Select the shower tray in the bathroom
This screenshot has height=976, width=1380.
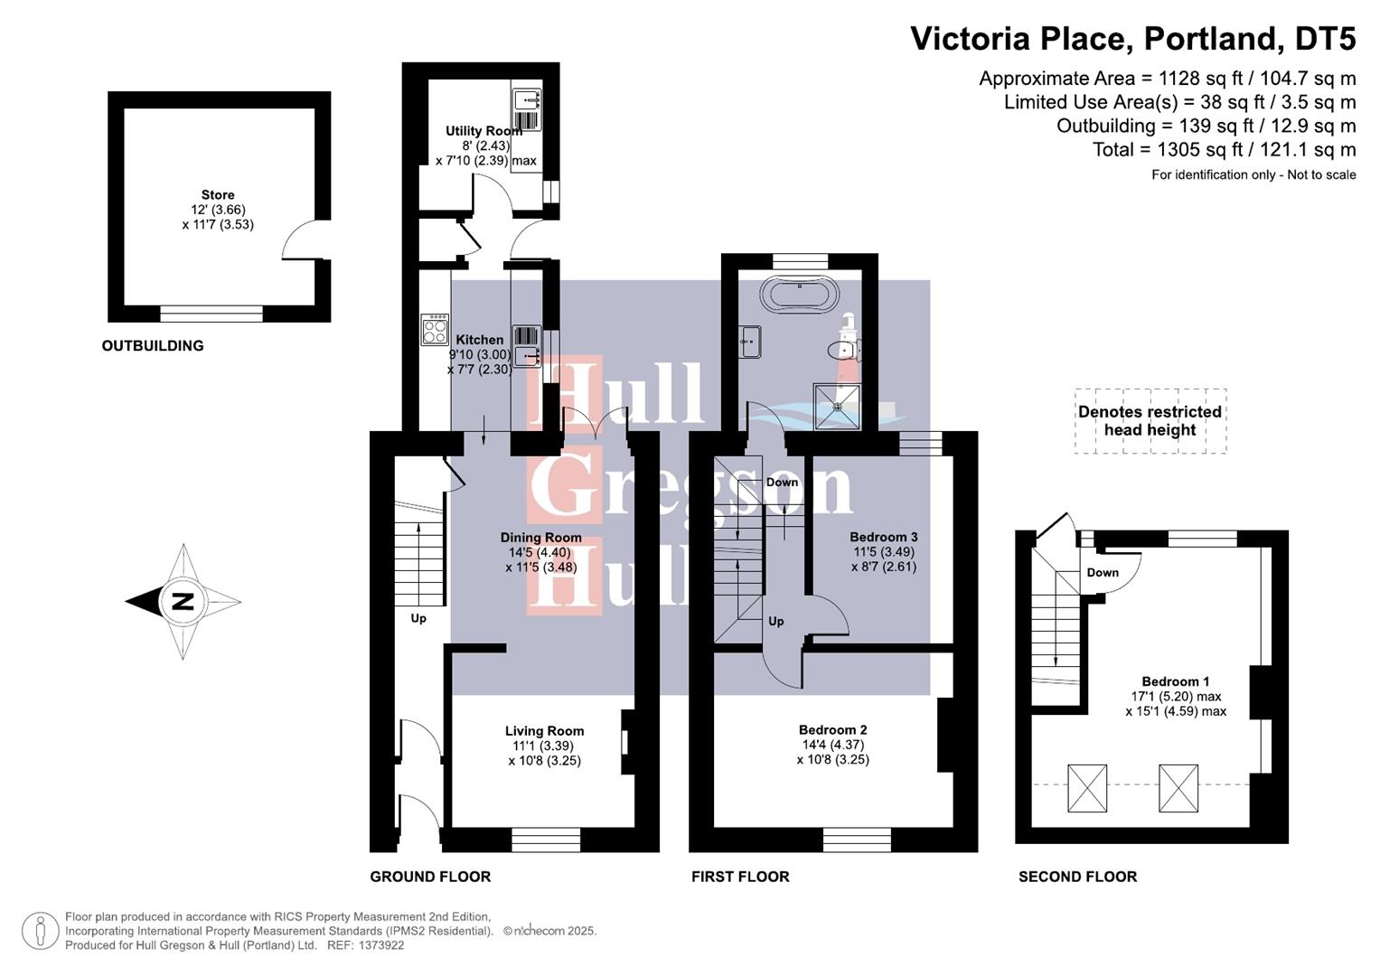point(837,406)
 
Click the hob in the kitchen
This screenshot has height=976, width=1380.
point(435,329)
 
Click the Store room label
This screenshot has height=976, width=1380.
point(218,195)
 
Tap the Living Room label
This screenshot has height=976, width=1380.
point(544,731)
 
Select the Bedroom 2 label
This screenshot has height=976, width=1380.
point(832,729)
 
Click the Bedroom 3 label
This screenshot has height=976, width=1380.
point(883,537)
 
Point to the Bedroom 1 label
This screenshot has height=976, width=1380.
point(1175,681)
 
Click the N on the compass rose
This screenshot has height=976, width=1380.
point(183,601)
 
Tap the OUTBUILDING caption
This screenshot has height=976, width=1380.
point(153,345)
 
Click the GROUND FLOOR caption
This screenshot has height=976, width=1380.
point(430,877)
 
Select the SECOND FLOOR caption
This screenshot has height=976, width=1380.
point(1077,877)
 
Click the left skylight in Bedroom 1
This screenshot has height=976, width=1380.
point(1087,788)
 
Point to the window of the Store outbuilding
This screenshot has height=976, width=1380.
point(211,314)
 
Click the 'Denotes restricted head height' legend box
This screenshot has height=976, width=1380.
point(1150,421)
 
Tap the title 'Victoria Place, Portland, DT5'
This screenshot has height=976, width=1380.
point(1132,39)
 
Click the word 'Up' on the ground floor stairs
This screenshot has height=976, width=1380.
point(418,618)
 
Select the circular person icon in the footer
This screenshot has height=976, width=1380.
point(41,931)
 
